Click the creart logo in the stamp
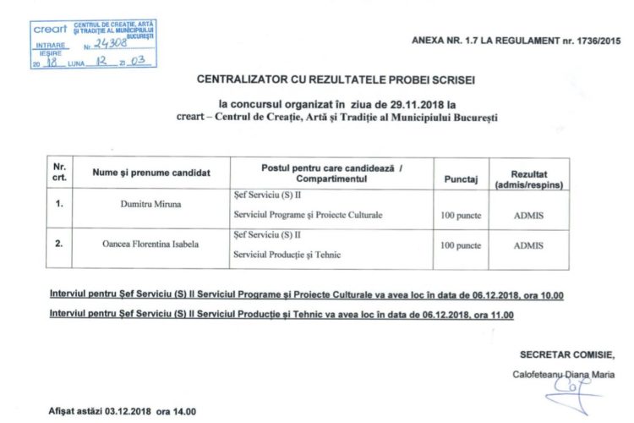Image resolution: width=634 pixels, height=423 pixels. [x=50, y=29]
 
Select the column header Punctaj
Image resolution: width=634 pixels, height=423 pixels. [x=461, y=179]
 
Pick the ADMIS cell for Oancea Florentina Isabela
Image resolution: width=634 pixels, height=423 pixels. [x=529, y=244]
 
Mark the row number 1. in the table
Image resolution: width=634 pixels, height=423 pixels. [x=58, y=204]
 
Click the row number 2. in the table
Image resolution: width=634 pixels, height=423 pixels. [x=58, y=244]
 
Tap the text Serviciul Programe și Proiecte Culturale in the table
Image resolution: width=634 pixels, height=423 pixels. [x=308, y=215]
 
